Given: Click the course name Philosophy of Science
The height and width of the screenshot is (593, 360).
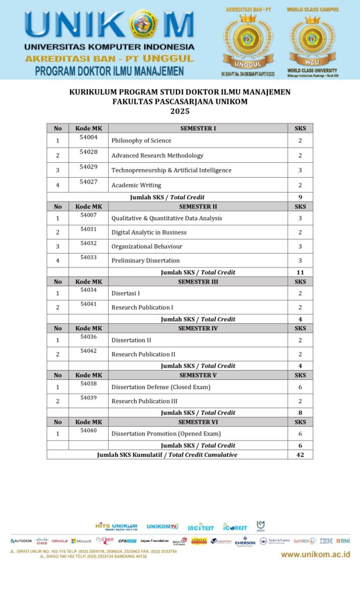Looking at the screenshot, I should pyautogui.click(x=141, y=141).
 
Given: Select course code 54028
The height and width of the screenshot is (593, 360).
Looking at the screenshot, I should pyautogui.click(x=89, y=152).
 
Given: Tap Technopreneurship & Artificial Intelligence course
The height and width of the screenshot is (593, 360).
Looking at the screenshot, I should pyautogui.click(x=171, y=170).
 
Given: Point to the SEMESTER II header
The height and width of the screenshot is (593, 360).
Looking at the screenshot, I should pyautogui.click(x=198, y=206).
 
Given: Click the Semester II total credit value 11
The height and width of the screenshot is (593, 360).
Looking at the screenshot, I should pyautogui.click(x=300, y=272).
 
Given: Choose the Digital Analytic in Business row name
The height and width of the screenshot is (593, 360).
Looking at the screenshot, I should pyautogui.click(x=149, y=232).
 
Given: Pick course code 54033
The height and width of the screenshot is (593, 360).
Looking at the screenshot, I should pyautogui.click(x=89, y=257).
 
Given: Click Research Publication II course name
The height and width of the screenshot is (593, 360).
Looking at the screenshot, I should pyautogui.click(x=143, y=354).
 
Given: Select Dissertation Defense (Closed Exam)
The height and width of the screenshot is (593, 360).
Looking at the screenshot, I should pyautogui.click(x=161, y=387).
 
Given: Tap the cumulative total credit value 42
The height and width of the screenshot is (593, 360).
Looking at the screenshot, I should pyautogui.click(x=300, y=455).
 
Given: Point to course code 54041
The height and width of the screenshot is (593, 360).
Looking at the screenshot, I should pyautogui.click(x=89, y=304).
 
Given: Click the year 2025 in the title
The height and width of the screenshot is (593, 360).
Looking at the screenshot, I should pyautogui.click(x=179, y=111).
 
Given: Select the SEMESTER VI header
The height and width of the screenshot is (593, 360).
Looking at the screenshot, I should pyautogui.click(x=198, y=422).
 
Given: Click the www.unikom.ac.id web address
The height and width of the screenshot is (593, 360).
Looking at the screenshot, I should pyautogui.click(x=315, y=554).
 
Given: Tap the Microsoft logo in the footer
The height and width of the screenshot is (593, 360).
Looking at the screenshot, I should pyautogui.click(x=81, y=541).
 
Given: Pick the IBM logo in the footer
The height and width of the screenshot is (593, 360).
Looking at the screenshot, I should pyautogui.click(x=326, y=541).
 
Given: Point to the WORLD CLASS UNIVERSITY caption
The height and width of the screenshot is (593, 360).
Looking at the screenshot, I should pyautogui.click(x=312, y=71).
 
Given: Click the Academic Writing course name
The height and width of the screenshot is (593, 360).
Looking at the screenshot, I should pyautogui.click(x=137, y=185).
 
